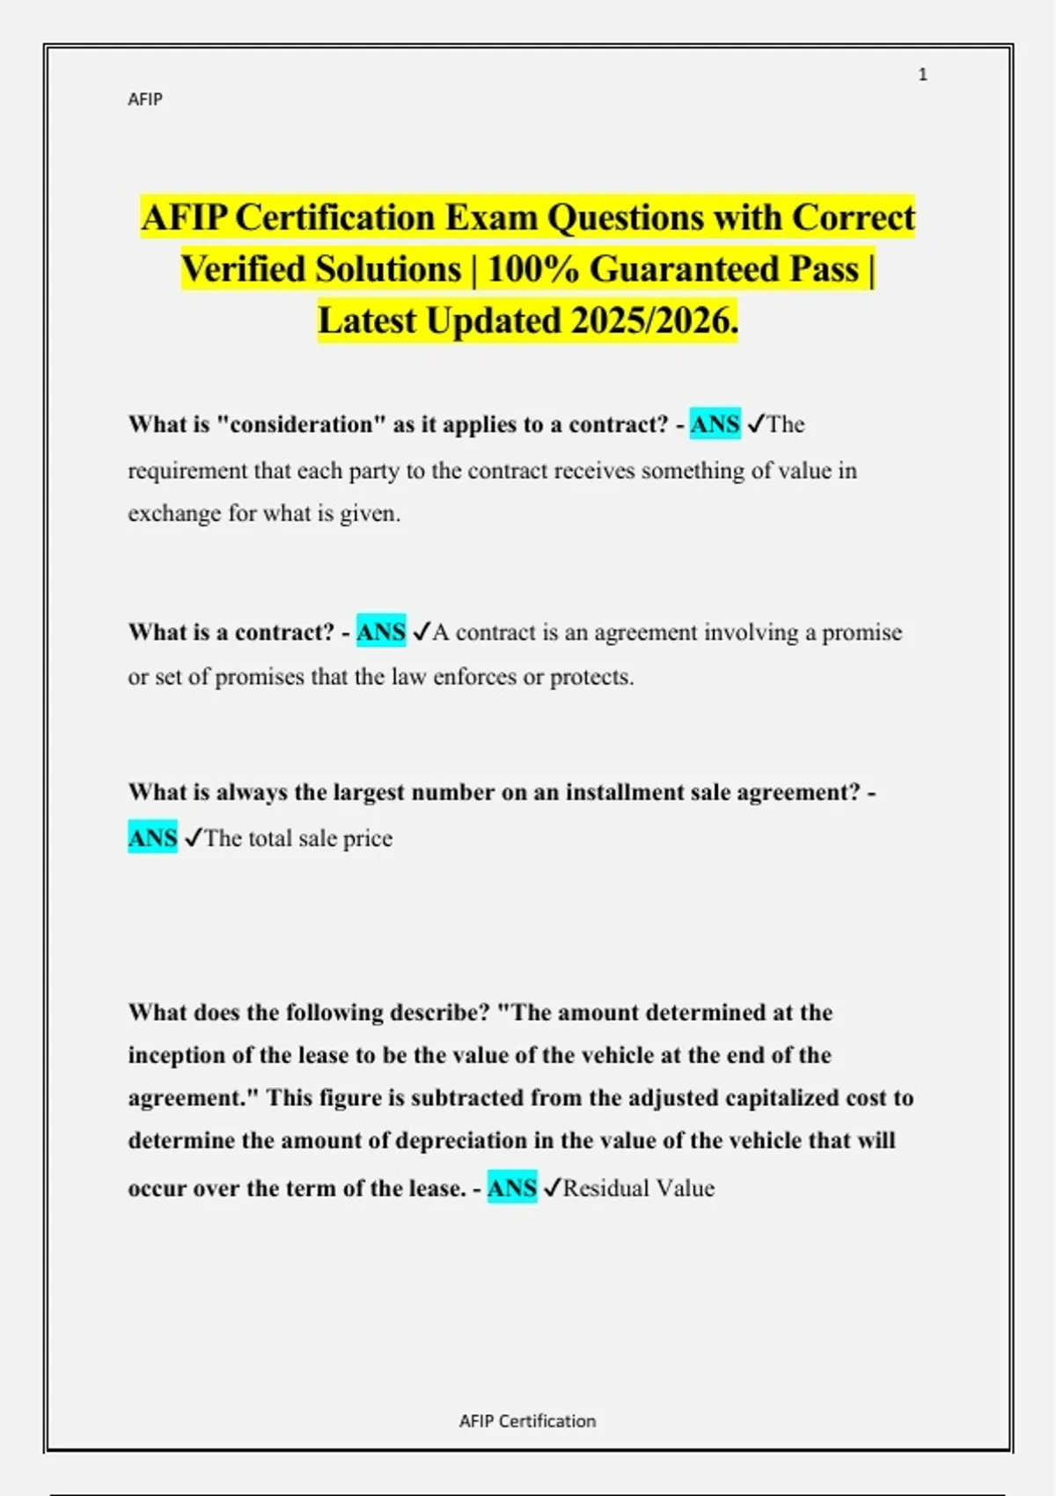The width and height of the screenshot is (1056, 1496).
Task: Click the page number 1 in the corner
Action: [x=922, y=75]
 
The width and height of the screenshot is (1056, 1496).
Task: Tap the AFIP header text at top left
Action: [x=145, y=99]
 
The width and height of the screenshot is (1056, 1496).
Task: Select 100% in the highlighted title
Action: [x=532, y=269]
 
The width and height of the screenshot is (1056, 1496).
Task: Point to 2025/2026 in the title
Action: [x=652, y=321]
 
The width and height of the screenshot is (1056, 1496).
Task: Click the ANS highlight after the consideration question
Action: [x=715, y=424]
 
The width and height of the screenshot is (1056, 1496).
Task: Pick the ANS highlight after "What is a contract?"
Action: [x=381, y=632]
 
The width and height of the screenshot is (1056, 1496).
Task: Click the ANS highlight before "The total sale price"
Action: [x=152, y=838]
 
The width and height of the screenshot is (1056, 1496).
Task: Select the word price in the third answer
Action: [x=368, y=838]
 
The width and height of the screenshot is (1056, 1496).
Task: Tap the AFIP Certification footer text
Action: [x=527, y=1420]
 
